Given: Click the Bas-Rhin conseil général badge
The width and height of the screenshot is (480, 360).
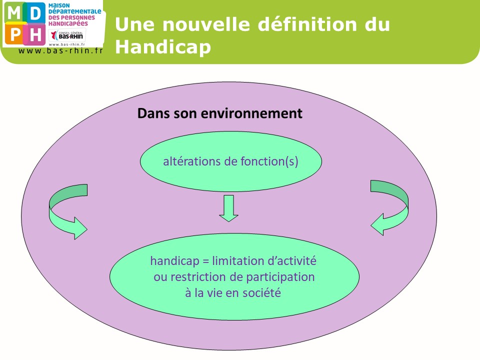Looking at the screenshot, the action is tap(67, 35).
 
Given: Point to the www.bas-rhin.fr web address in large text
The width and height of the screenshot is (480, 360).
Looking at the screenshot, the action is tap(60, 51).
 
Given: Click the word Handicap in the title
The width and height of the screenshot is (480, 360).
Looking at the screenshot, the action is tap(163, 47).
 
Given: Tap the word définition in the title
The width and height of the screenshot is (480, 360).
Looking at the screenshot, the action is tap(307, 24).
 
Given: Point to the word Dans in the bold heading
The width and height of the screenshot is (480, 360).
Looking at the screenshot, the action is tap(153, 113).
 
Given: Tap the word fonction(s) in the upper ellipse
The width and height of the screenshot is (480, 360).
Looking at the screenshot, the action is tap(269, 161).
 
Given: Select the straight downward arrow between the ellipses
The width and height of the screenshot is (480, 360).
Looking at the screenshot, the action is tap(228, 208).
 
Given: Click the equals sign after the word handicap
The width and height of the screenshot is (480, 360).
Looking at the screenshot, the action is tap(205, 261).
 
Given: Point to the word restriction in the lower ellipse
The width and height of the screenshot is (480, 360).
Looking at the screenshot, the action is tap(198, 277).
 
